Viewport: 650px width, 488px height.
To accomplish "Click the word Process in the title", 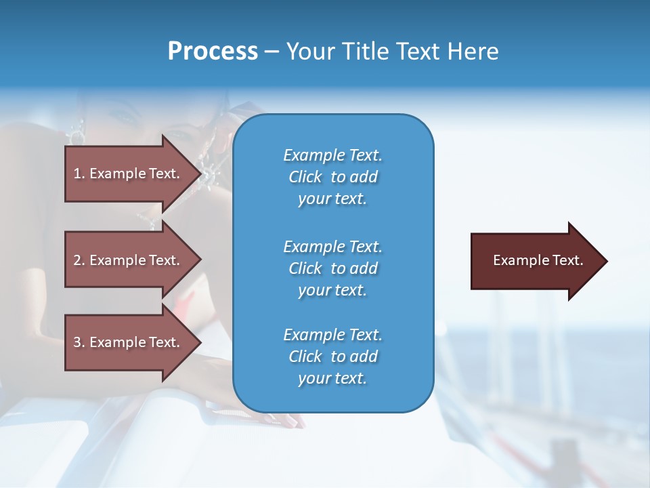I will [213, 52].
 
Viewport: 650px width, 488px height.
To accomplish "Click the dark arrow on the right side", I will [535, 261].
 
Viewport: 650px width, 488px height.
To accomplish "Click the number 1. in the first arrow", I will [79, 174].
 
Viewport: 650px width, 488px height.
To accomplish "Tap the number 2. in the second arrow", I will [79, 260].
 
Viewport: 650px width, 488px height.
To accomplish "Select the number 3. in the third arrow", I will [79, 342].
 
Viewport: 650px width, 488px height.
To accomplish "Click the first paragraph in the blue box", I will [332, 177].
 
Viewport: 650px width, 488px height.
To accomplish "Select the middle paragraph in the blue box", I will [332, 268].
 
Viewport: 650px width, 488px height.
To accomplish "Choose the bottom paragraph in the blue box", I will [332, 357].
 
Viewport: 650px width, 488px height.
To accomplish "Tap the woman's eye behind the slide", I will [125, 116].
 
